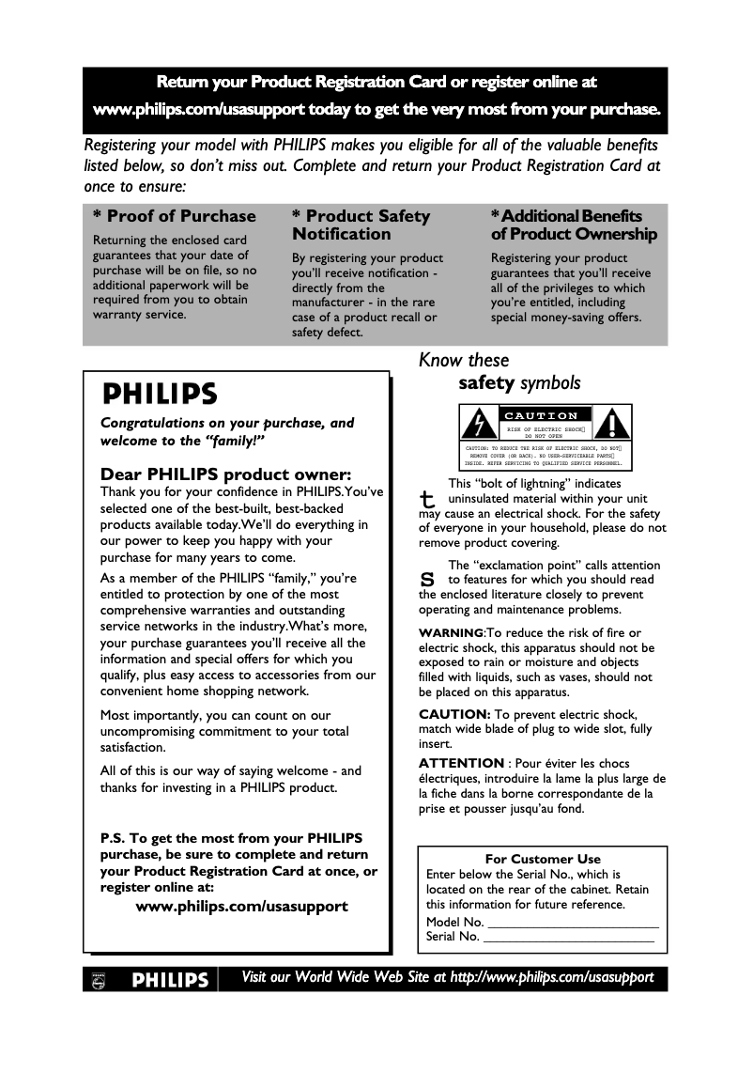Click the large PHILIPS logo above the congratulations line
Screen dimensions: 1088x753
[x=160, y=392]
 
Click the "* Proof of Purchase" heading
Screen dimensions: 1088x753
[x=174, y=216]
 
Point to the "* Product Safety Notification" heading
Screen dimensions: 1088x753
[x=361, y=225]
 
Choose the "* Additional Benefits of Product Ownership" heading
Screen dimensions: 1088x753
[x=573, y=225]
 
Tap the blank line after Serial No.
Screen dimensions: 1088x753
[x=568, y=937]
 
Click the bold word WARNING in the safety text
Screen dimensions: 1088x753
[x=451, y=632]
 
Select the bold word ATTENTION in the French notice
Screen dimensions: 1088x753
[x=461, y=763]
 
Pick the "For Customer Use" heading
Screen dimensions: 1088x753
[x=543, y=859]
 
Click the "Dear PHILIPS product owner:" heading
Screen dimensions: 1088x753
[x=225, y=474]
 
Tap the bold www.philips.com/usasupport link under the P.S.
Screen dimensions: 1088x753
[x=242, y=907]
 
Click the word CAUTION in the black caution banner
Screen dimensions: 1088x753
[x=542, y=415]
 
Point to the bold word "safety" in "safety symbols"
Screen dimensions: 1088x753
[x=486, y=382]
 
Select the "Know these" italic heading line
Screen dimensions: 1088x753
[x=464, y=360]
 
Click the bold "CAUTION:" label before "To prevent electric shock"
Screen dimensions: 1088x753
[x=454, y=714]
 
